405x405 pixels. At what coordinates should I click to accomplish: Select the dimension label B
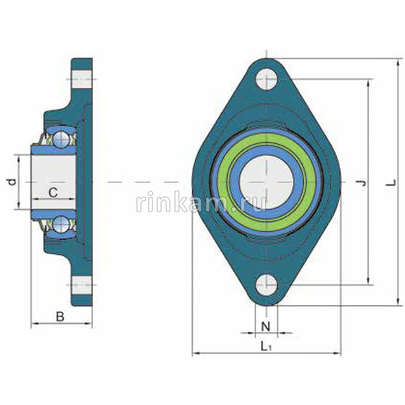pyautogui.click(x=60, y=317)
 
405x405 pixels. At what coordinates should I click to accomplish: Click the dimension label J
pyautogui.click(x=361, y=183)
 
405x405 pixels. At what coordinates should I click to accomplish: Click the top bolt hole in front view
pyautogui.click(x=266, y=79)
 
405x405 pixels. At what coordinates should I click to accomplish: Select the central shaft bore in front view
pyautogui.click(x=266, y=182)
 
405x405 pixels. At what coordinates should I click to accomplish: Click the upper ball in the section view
pyautogui.click(x=61, y=138)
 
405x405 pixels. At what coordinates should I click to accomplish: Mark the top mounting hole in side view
pyautogui.click(x=81, y=79)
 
